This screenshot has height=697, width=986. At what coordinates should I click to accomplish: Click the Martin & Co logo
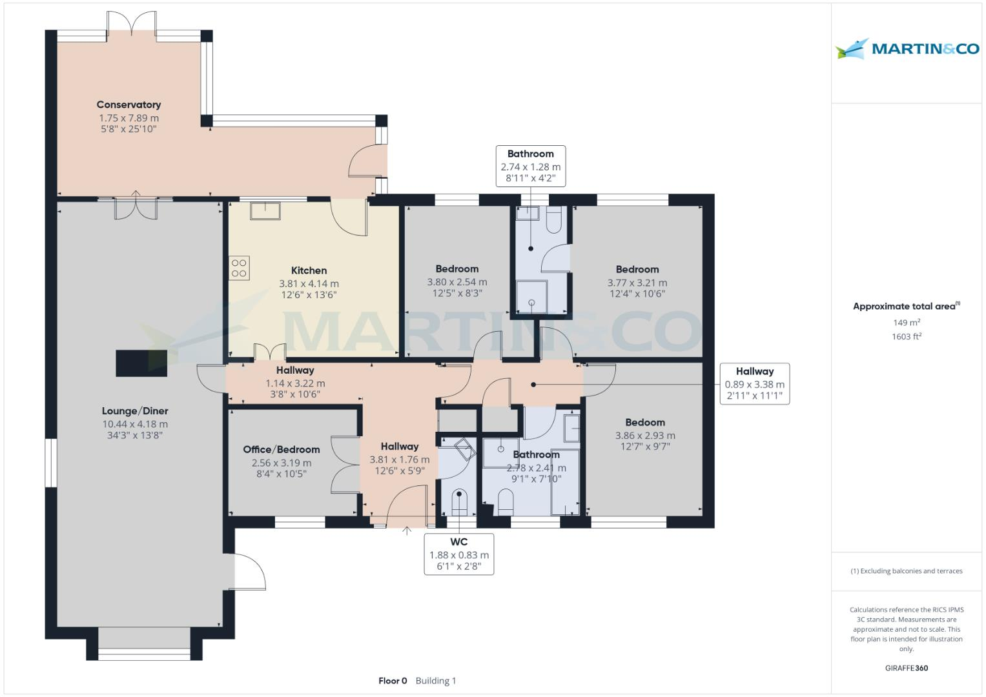click(x=907, y=49)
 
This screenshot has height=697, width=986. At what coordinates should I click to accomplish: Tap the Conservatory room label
click(x=128, y=105)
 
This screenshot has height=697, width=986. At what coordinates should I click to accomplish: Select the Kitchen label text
click(x=309, y=270)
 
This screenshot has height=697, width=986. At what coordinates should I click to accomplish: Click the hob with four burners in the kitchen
click(x=239, y=268)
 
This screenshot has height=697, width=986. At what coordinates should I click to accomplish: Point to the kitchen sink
click(x=265, y=210)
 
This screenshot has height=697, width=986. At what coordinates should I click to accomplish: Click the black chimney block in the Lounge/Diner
click(x=141, y=363)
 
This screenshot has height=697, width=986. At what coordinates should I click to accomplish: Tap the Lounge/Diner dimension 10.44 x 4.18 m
click(x=135, y=424)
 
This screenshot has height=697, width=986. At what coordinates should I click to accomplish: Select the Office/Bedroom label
click(x=281, y=450)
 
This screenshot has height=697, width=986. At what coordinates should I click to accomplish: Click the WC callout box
click(x=458, y=554)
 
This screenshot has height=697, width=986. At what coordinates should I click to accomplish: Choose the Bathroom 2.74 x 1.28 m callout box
click(x=530, y=166)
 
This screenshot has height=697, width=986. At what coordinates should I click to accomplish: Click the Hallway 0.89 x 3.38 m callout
click(x=754, y=383)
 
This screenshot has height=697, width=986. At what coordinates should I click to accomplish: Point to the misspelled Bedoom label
click(x=644, y=423)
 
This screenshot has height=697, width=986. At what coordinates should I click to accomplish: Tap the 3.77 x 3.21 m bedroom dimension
click(x=637, y=283)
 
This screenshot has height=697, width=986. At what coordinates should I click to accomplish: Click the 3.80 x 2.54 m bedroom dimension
click(x=457, y=282)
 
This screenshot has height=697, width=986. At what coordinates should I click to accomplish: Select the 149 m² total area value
click(x=906, y=323)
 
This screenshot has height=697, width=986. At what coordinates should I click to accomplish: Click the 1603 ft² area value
click(x=906, y=336)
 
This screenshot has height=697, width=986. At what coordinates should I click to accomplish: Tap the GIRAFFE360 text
click(x=906, y=668)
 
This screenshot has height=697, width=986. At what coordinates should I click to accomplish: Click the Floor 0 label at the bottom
click(x=393, y=681)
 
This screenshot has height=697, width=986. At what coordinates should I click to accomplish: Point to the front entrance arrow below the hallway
click(x=407, y=531)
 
